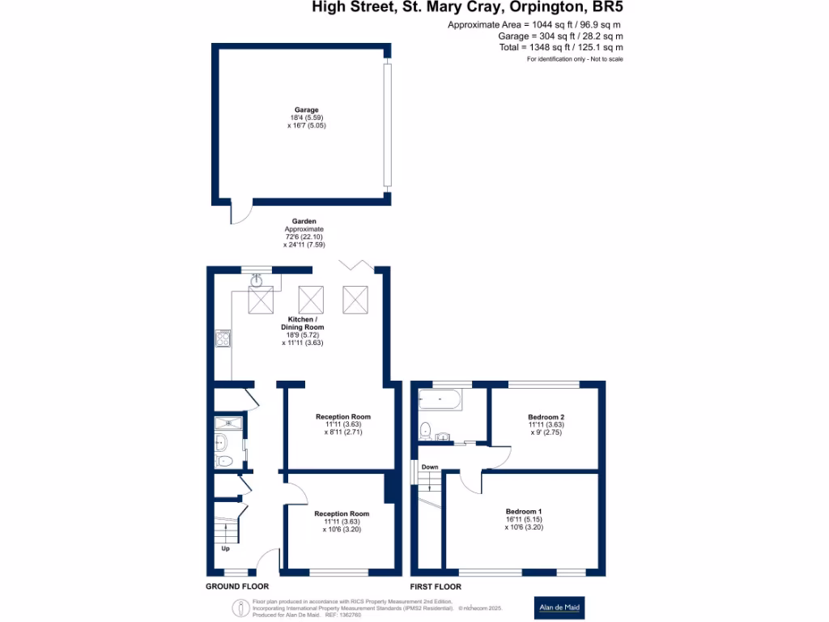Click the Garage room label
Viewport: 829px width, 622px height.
tap(306, 110)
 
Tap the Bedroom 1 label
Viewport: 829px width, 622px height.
tap(523, 512)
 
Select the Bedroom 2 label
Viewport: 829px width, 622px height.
tap(546, 417)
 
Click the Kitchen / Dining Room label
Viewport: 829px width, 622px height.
tap(303, 322)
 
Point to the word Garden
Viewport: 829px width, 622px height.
tap(304, 221)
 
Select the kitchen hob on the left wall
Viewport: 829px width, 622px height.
tap(223, 339)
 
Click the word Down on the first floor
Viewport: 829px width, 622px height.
tap(430, 467)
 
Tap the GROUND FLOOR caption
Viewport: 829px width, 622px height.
tap(237, 586)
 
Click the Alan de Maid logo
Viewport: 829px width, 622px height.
tap(561, 607)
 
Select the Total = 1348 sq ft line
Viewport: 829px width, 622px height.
tap(560, 48)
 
